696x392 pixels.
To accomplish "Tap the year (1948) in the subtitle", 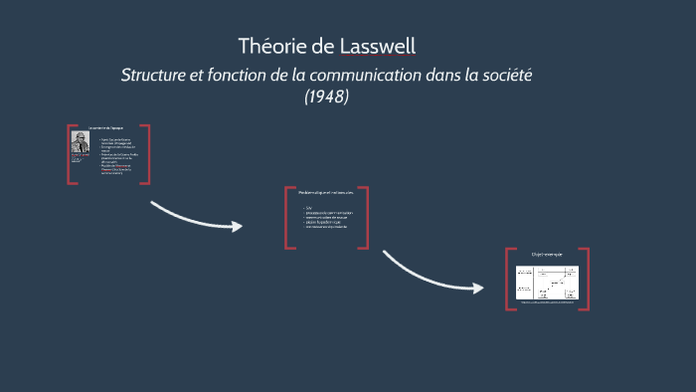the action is [327, 98].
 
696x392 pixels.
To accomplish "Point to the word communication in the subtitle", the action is [362, 76].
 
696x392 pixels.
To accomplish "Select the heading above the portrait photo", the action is [105, 129].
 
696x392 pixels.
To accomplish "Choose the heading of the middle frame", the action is [326, 192].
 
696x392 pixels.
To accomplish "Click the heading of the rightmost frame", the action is [547, 255].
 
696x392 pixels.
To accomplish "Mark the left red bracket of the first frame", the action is [69, 154].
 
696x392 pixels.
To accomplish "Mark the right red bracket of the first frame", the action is [148, 154].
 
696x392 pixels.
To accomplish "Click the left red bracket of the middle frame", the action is [286, 216].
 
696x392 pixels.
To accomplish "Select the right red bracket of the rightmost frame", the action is [587, 279].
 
